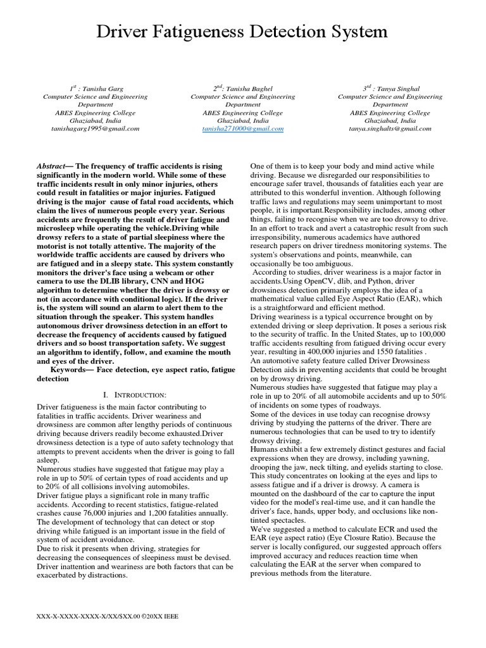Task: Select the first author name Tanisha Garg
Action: tap(101, 89)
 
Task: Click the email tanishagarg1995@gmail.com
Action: tap(95, 128)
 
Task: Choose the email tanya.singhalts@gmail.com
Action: tap(385, 128)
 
